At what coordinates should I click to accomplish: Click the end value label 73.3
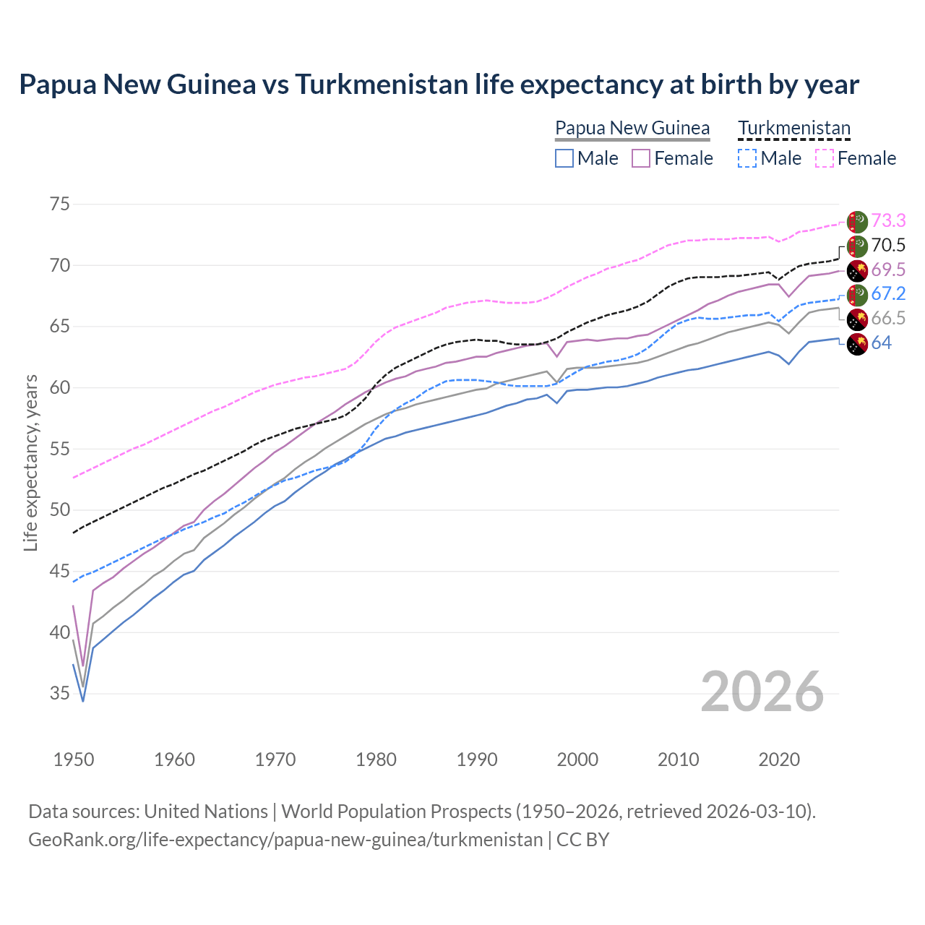click(x=888, y=220)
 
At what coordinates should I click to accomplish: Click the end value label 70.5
click(x=888, y=245)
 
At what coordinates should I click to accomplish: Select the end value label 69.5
click(x=888, y=270)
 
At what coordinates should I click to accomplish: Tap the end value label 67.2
click(x=888, y=293)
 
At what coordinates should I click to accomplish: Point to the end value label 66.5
click(x=888, y=318)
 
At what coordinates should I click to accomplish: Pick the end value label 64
click(x=882, y=343)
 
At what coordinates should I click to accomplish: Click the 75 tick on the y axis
click(x=60, y=204)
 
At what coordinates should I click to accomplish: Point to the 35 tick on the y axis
click(x=60, y=694)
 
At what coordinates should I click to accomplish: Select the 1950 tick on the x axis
click(x=74, y=760)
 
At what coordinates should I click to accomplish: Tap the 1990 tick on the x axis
click(x=477, y=760)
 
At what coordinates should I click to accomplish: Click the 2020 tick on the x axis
click(x=779, y=760)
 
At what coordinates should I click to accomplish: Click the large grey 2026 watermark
click(x=762, y=692)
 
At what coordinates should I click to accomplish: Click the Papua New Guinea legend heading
click(x=632, y=128)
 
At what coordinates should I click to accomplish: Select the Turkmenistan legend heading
click(x=794, y=128)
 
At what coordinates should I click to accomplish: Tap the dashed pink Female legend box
click(x=824, y=158)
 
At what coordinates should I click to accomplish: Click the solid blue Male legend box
click(x=564, y=158)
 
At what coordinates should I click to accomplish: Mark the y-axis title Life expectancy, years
click(x=30, y=462)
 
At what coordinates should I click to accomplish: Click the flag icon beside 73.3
click(x=857, y=222)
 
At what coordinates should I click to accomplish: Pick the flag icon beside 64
click(x=857, y=344)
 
